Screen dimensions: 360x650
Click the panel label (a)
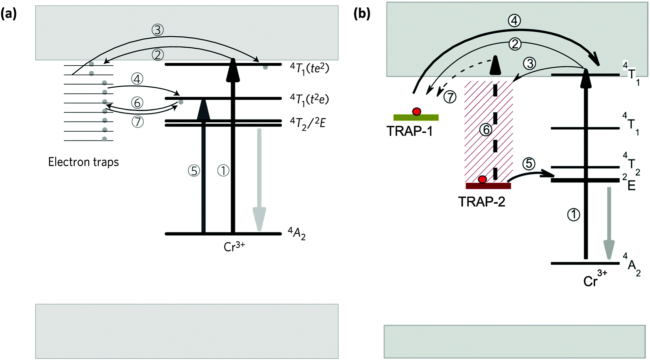coord(9,14)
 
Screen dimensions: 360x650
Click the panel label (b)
coord(362,14)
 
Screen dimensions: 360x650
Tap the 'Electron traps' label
coord(83,162)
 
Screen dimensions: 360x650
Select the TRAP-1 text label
coord(409,131)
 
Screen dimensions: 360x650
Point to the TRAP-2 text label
coord(481,202)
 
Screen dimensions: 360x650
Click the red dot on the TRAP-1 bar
coord(416,112)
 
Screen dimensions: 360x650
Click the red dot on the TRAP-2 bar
coord(482,180)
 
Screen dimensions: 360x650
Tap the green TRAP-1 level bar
coord(416,117)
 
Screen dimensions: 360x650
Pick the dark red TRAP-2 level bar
coord(488,186)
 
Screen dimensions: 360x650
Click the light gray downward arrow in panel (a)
coord(259,180)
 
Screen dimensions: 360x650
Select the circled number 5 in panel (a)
coord(194,171)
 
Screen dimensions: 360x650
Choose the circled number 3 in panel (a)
coord(158,30)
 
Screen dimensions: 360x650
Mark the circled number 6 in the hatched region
coord(486,130)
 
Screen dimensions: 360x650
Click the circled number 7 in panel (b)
coord(450,97)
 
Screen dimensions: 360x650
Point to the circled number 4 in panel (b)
coord(514,21)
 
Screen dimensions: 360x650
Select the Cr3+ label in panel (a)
coord(234,247)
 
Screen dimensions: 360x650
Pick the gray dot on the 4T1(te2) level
coord(265,67)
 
